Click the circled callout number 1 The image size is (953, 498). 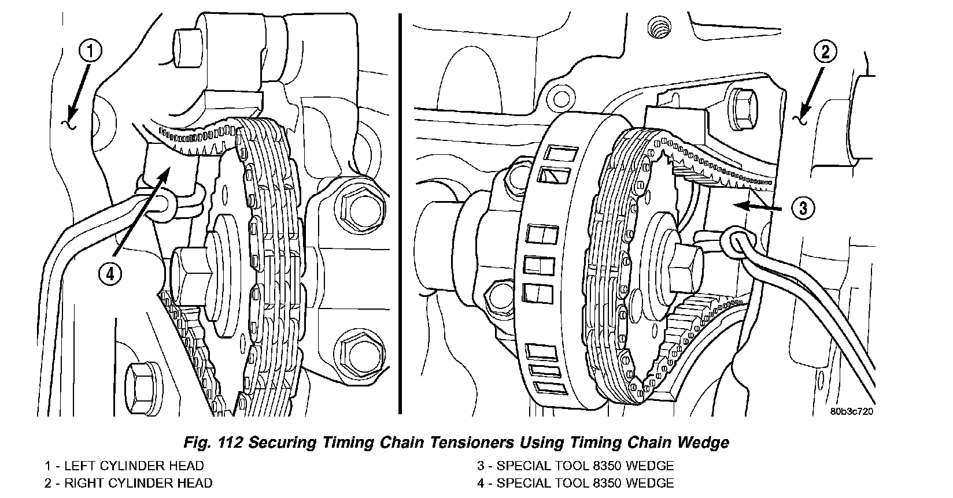pos(91,51)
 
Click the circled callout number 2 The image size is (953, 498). pos(825,52)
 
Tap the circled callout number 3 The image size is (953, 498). pos(803,207)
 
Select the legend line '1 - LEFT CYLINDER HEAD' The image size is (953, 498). pos(124,466)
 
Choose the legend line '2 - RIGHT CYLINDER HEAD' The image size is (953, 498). pos(128,483)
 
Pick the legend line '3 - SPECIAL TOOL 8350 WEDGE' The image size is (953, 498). pos(575,466)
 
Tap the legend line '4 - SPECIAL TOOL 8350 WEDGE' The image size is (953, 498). pos(575,483)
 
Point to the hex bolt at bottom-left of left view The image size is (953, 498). pos(141,381)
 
